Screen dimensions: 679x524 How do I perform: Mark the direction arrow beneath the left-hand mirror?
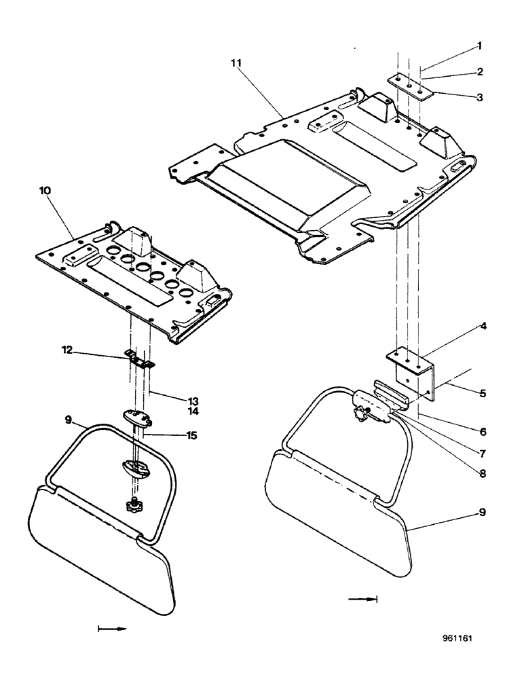tap(113, 629)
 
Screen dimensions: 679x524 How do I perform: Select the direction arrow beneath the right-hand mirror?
tap(361, 599)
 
